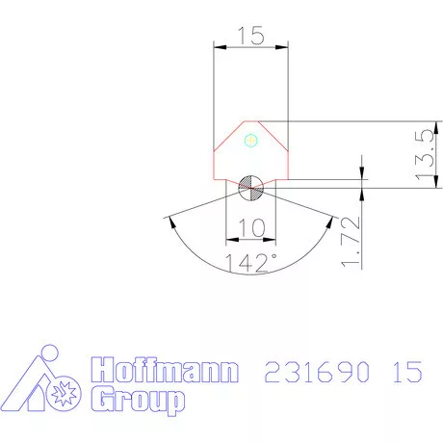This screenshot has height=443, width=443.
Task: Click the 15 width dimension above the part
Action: tap(250, 36)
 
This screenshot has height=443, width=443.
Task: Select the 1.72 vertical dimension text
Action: tap(352, 243)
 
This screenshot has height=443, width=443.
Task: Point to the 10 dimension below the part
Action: tap(250, 228)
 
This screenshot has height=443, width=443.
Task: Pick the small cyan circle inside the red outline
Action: tap(251, 141)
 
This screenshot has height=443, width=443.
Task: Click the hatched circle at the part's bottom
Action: tap(251, 188)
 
